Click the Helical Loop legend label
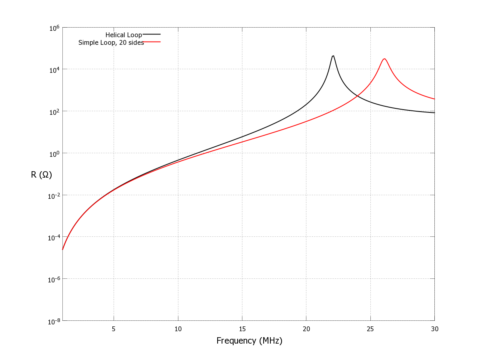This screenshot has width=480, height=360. (123, 35)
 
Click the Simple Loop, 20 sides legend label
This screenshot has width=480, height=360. (111, 42)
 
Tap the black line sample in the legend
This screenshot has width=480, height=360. (152, 34)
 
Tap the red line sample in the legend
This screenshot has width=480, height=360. (152, 42)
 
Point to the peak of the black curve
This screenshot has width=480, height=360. (333, 56)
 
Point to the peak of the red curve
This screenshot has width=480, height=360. (384, 59)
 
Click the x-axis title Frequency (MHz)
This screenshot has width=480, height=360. (249, 341)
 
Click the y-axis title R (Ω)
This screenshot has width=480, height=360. (41, 174)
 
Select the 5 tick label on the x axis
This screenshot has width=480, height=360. (114, 329)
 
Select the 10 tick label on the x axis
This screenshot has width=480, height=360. (178, 329)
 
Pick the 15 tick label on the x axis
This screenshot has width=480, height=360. (242, 329)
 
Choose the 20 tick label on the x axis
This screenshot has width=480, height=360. (306, 329)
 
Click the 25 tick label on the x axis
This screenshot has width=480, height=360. (370, 329)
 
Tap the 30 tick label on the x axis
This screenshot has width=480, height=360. (434, 329)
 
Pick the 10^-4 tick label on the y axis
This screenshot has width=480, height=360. (54, 237)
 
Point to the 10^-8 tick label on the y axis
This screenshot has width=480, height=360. (54, 321)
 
